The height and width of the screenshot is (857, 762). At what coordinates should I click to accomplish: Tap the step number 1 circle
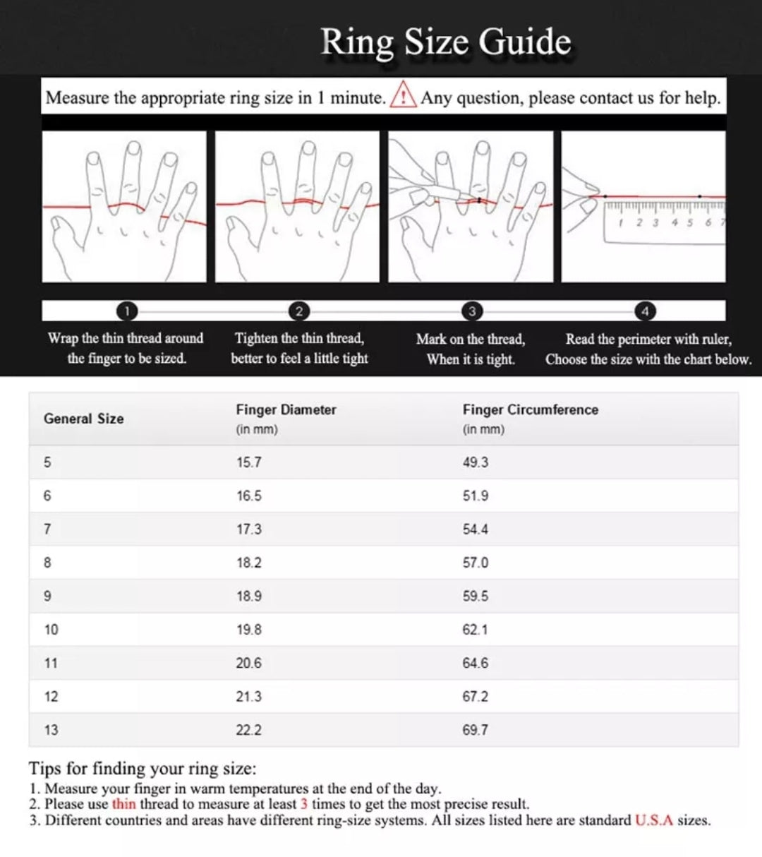click(x=126, y=311)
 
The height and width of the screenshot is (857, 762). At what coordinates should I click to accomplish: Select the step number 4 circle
click(x=644, y=311)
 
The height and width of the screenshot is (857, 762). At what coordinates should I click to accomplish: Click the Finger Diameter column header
click(x=286, y=410)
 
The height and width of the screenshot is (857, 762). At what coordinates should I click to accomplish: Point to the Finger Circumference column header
click(x=530, y=410)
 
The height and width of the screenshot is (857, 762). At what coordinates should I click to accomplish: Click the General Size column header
click(x=83, y=419)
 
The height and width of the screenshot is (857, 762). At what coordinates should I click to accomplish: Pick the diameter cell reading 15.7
click(x=248, y=462)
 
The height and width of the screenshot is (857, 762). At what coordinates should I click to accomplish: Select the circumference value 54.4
click(x=475, y=529)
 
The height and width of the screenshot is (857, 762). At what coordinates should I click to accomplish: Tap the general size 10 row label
click(x=51, y=630)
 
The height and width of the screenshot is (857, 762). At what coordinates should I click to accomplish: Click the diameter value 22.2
click(x=248, y=730)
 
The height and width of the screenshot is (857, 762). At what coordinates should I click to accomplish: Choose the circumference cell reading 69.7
click(x=475, y=730)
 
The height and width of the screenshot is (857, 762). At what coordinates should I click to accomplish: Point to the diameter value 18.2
click(x=248, y=563)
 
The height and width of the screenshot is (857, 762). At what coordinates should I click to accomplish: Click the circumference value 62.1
click(x=475, y=630)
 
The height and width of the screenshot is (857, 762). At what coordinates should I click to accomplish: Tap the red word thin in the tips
click(x=123, y=804)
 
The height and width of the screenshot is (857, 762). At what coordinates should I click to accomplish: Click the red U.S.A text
click(x=654, y=820)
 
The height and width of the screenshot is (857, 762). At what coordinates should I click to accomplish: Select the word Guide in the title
click(x=525, y=42)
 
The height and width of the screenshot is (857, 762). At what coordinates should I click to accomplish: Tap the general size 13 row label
click(x=51, y=730)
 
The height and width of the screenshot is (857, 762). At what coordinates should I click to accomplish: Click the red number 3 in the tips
click(x=303, y=804)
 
